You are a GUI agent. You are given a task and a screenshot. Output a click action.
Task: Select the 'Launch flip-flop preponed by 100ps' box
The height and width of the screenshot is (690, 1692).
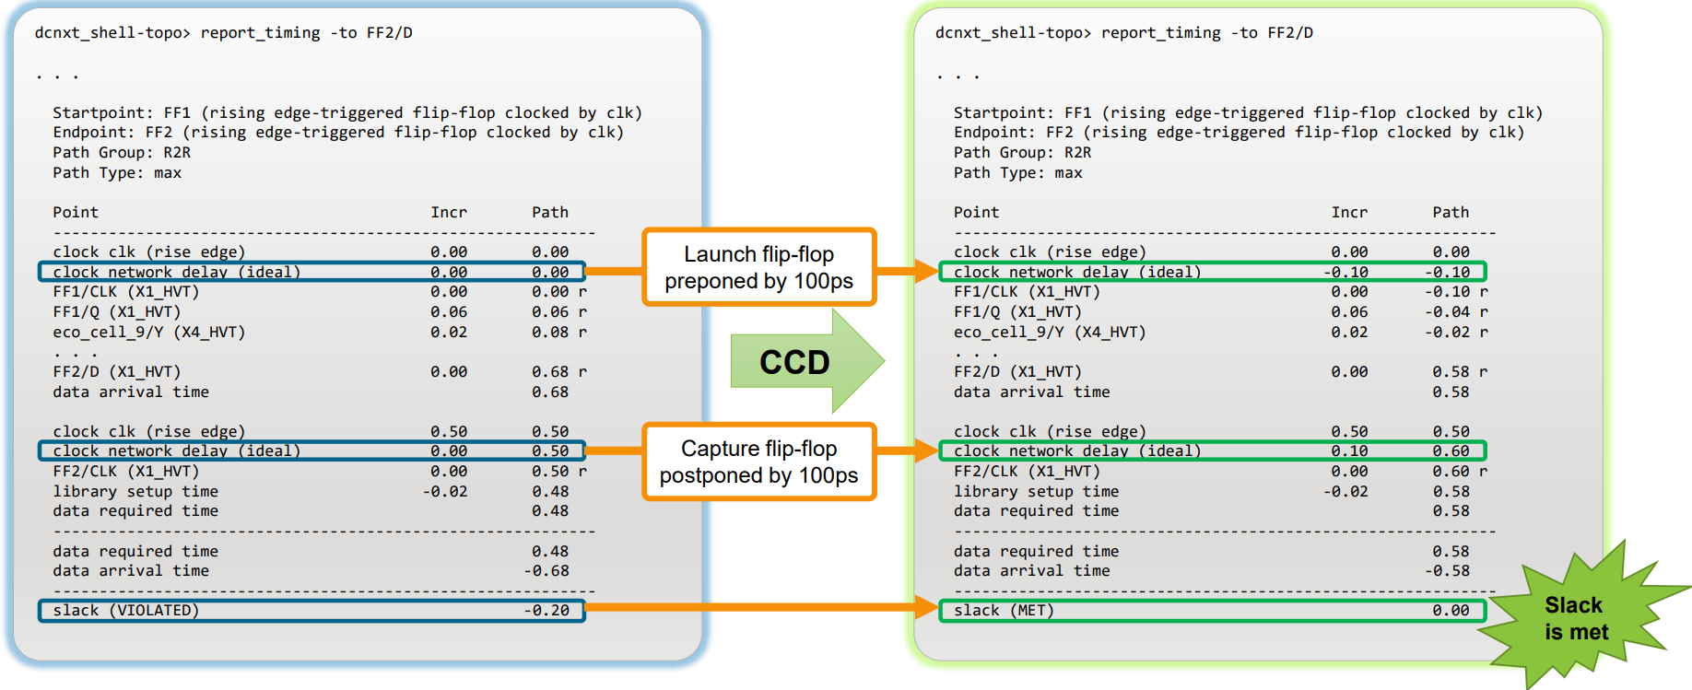758,267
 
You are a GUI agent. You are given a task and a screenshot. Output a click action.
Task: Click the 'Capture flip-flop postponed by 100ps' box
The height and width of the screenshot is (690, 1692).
758,462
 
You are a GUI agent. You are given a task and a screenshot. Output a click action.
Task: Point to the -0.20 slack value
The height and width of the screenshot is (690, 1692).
547,610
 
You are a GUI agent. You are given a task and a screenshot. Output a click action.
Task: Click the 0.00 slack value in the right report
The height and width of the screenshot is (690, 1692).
1451,610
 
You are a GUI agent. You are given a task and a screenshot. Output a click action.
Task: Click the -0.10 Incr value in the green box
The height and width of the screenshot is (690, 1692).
1345,272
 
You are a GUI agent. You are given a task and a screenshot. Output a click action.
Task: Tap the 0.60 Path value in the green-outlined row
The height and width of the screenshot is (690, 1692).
1451,450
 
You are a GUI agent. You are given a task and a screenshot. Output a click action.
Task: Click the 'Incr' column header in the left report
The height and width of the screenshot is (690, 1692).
449,212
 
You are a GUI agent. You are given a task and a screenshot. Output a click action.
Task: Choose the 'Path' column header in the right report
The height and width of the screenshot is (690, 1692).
1451,212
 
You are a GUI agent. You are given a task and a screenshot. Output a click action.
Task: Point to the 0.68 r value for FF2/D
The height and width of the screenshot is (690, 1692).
558,371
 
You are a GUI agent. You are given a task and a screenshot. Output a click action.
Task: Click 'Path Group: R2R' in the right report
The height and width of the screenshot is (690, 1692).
1022,152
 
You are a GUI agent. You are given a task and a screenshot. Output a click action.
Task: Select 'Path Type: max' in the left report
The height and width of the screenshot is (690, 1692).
117,172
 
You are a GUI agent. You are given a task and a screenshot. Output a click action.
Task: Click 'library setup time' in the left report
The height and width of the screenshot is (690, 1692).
135,491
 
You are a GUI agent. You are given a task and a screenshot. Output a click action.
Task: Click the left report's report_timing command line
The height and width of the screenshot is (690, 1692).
224,33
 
